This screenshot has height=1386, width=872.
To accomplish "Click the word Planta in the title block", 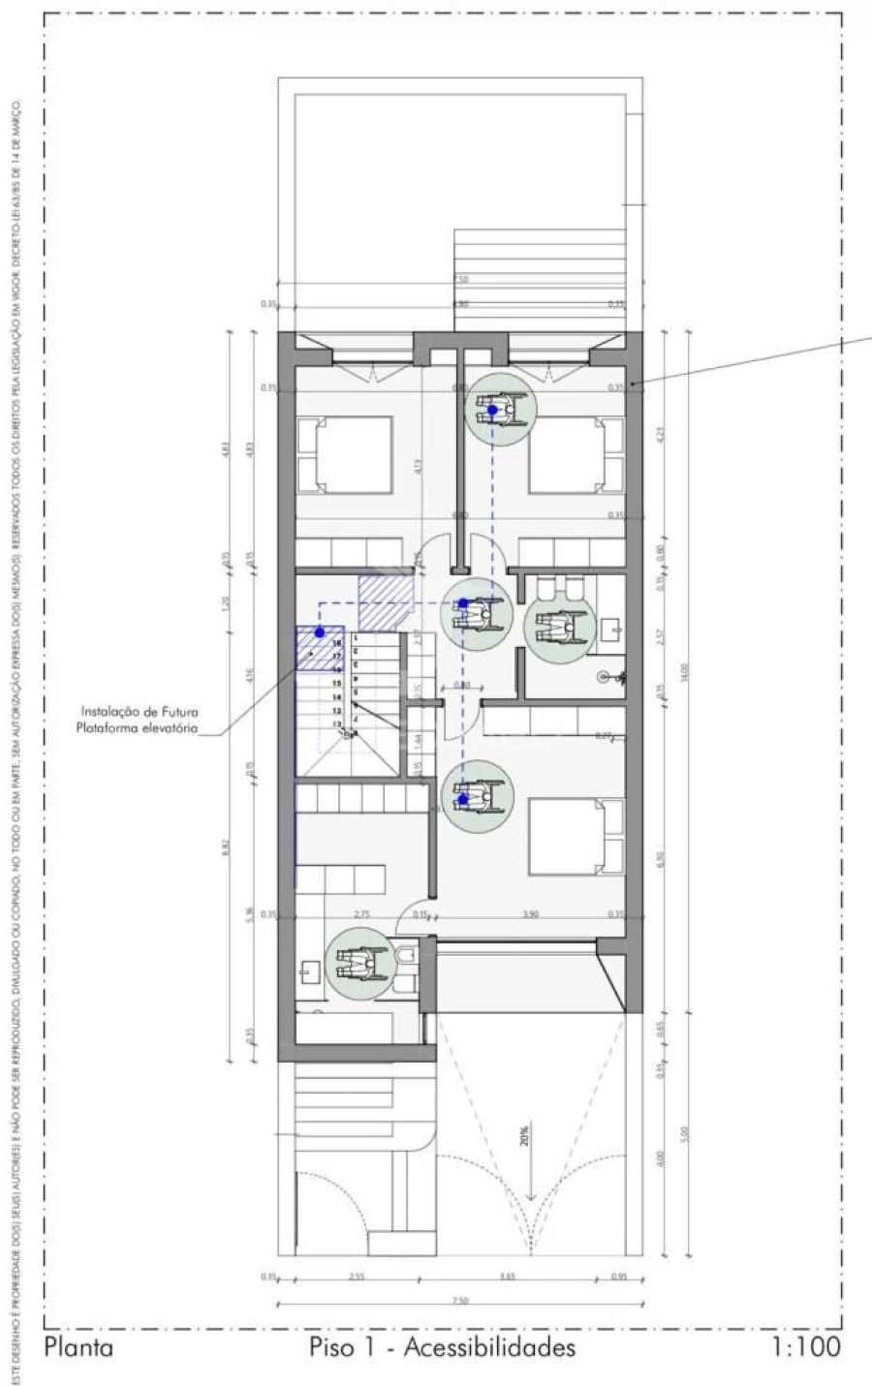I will (78, 1346).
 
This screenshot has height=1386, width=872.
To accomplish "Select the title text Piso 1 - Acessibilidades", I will (442, 1346).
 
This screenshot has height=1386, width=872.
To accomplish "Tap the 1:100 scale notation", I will (806, 1346).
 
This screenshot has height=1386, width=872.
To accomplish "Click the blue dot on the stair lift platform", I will (319, 631).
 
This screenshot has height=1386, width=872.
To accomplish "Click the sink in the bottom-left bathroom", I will (311, 970).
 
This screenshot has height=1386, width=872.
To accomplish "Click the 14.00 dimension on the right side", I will (684, 668).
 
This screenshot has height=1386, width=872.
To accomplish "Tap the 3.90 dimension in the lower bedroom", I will (530, 913).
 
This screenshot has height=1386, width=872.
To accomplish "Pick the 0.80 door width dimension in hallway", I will (462, 686).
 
